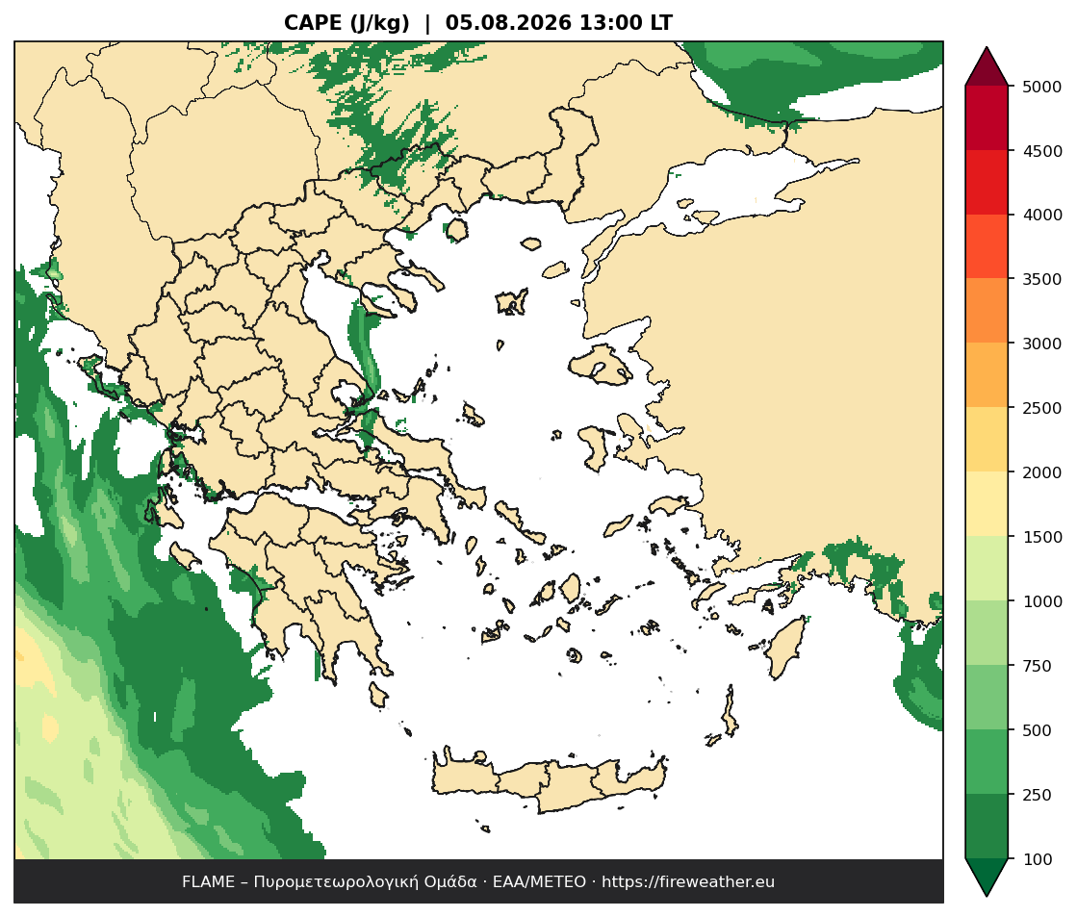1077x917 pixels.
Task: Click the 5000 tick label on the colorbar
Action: (1041, 87)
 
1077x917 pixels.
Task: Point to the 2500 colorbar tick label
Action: (1041, 408)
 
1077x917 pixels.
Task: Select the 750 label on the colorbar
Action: (1038, 666)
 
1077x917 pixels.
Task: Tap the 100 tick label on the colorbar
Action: (1038, 859)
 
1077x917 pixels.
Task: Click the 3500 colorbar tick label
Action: (1041, 279)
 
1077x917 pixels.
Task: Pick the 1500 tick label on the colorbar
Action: (1041, 537)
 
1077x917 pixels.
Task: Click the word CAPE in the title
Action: (313, 23)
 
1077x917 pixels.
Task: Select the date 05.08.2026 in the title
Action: (508, 23)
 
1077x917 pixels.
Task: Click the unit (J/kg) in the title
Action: (379, 23)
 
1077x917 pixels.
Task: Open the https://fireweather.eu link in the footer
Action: (688, 882)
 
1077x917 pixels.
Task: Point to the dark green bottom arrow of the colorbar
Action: (987, 876)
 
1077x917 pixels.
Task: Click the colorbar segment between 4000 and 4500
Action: (987, 183)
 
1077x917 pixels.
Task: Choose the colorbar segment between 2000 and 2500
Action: (987, 440)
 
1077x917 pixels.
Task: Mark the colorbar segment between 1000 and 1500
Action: (987, 569)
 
